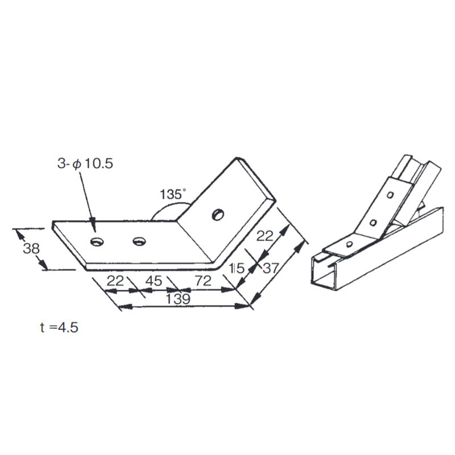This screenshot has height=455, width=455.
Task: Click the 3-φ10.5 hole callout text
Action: (85, 164)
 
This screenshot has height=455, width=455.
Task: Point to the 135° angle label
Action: (173, 194)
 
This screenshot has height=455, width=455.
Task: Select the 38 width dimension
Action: (31, 249)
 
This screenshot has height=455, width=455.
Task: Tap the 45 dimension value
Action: (154, 280)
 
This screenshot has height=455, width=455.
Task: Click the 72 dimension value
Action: (203, 280)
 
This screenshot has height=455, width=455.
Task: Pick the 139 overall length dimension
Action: (178, 299)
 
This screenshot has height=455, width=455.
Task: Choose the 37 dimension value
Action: (271, 268)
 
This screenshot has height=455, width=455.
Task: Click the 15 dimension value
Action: (237, 268)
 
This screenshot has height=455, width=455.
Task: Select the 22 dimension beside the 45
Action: (115, 280)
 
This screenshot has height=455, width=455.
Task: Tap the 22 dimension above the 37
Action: (264, 236)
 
